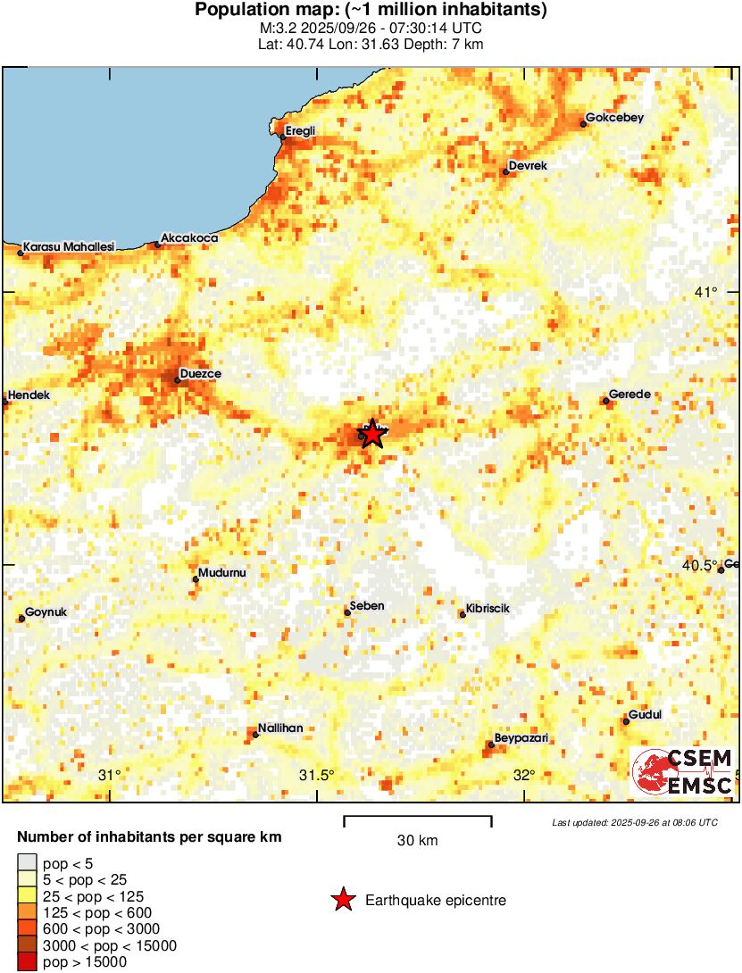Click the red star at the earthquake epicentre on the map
371,433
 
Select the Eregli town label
300,131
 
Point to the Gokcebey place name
613,118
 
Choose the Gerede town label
629,395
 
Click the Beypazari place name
522,738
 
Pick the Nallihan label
280,728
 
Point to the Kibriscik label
488,608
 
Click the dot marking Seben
347,612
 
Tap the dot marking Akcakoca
158,244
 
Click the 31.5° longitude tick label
316,774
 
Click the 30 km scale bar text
417,840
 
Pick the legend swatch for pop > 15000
27,961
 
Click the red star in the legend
343,901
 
